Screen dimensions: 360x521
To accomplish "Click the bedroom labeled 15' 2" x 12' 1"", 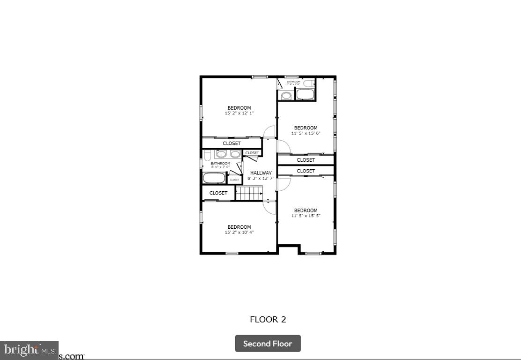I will pyautogui.click(x=239, y=111).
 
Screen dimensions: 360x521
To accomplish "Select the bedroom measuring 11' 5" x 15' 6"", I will pyautogui.click(x=305, y=130).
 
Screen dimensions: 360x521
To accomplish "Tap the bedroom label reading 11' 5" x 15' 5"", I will pyautogui.click(x=305, y=213).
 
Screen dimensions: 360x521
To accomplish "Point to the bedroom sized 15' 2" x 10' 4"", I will pyautogui.click(x=239, y=230).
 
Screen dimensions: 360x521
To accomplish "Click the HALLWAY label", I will pyautogui.click(x=260, y=173).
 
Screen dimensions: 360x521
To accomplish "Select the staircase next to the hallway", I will pyautogui.click(x=248, y=193).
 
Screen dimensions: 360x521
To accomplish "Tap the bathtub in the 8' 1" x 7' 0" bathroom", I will pyautogui.click(x=214, y=178).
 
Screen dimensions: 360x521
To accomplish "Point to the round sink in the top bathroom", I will pyautogui.click(x=286, y=96).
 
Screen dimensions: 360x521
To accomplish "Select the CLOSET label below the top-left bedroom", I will pyautogui.click(x=231, y=143).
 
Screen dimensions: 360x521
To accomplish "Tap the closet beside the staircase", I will pyautogui.click(x=218, y=193).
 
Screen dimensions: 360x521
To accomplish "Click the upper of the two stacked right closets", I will pyautogui.click(x=305, y=160).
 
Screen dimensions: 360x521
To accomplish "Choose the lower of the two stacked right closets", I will pyautogui.click(x=305, y=171).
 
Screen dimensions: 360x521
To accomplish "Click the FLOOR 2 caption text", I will pyautogui.click(x=268, y=320).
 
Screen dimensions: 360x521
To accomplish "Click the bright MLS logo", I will pyautogui.click(x=29, y=350).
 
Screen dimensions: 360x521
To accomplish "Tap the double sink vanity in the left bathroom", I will pyautogui.click(x=228, y=154).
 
